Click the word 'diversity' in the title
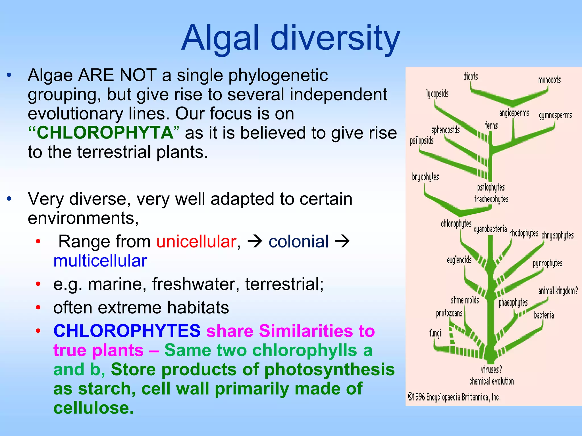(x=335, y=38)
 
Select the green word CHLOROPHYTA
(x=105, y=133)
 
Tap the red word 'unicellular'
(x=196, y=242)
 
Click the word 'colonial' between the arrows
(x=298, y=242)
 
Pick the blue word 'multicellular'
(x=100, y=261)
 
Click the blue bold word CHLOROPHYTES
(x=127, y=331)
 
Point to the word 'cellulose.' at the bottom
(x=93, y=408)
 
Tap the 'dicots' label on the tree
(x=471, y=77)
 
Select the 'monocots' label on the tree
(x=549, y=80)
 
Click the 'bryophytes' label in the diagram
(x=425, y=177)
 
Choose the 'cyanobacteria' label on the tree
(x=490, y=229)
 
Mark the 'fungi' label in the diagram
(x=435, y=333)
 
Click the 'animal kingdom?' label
(x=558, y=291)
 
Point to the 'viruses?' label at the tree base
(x=491, y=369)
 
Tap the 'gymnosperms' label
(x=555, y=115)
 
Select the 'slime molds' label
(x=465, y=300)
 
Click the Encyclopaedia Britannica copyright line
(x=454, y=397)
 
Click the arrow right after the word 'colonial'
(x=342, y=242)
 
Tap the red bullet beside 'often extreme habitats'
(x=38, y=307)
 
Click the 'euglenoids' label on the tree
(x=459, y=260)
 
